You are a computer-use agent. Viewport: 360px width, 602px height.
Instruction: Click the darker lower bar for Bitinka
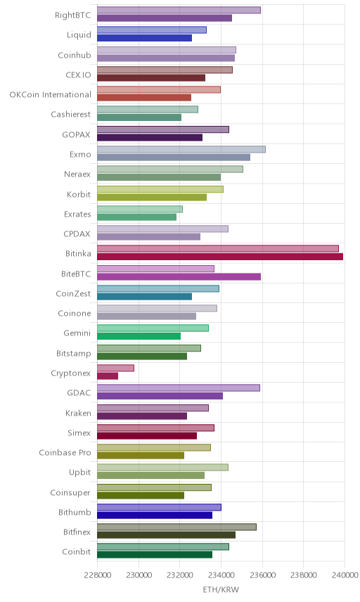pos(220,257)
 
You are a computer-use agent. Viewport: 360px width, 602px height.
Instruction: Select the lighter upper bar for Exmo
pos(181,149)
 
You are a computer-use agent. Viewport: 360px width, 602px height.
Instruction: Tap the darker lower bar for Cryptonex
pos(108,376)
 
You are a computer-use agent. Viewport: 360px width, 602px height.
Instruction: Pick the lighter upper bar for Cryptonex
pos(115,369)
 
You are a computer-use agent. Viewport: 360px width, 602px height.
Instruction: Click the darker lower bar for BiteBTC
pos(179,276)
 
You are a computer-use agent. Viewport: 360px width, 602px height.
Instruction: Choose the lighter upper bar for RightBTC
pos(179,10)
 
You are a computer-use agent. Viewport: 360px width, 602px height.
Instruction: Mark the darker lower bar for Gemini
pos(139,336)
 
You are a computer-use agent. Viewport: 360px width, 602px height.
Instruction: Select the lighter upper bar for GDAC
pos(179,388)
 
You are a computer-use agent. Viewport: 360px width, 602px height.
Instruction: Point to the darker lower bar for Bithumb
pos(155,515)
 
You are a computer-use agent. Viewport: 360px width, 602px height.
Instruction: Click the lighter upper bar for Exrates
pos(140,209)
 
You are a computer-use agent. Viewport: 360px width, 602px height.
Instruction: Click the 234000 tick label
pos(221,575)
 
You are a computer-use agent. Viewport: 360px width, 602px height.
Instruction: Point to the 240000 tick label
pos(345,575)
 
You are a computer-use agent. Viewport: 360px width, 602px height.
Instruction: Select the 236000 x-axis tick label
pos(262,575)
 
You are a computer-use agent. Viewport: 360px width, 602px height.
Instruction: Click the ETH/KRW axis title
pos(221,590)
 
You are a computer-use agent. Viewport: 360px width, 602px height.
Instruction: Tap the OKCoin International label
pos(51,94)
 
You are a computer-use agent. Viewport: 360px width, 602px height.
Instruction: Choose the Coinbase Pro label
pos(65,453)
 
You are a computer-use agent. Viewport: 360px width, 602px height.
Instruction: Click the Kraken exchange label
pos(78,413)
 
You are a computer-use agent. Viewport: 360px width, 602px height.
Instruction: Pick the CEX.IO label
pos(78,75)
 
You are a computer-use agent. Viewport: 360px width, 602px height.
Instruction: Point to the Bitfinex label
pos(77,532)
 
